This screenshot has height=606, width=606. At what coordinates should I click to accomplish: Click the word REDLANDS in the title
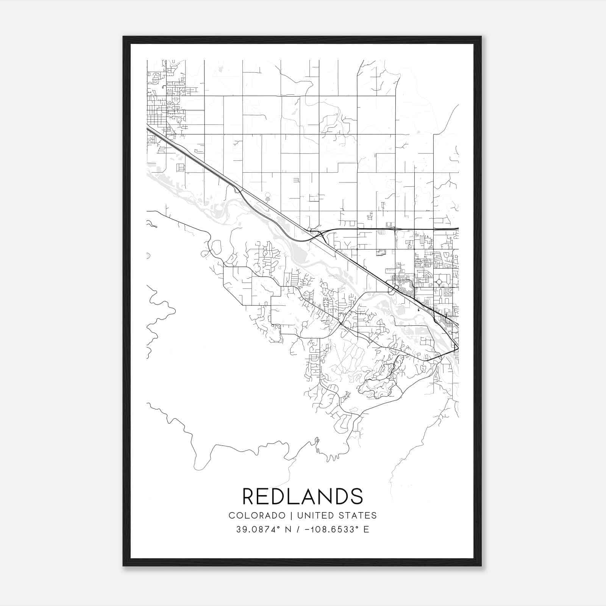click(303, 496)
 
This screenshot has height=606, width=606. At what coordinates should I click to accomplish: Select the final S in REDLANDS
click(357, 496)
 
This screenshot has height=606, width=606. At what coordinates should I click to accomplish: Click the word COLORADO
click(257, 515)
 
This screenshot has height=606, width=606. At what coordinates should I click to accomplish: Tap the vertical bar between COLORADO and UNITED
click(291, 515)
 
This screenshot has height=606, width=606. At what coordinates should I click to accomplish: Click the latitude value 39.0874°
click(258, 529)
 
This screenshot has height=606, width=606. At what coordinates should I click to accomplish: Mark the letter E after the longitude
click(366, 529)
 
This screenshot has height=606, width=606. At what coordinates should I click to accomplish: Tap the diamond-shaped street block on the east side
click(439, 282)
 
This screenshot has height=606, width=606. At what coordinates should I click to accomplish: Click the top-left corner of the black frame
click(123, 37)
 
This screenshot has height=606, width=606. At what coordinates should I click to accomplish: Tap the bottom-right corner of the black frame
click(481, 565)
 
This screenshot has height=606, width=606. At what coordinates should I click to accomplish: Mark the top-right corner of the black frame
click(481, 37)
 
